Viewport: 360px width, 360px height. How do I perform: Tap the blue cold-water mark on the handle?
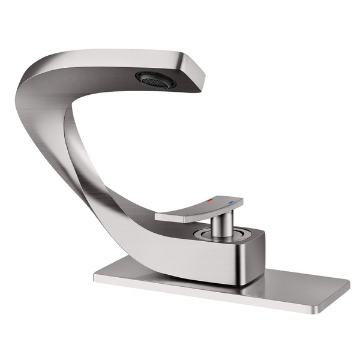coord(230,202)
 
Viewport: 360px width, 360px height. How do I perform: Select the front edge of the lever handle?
coord(180,218)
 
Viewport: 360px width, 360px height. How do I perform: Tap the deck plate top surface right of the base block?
coord(300,282)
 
